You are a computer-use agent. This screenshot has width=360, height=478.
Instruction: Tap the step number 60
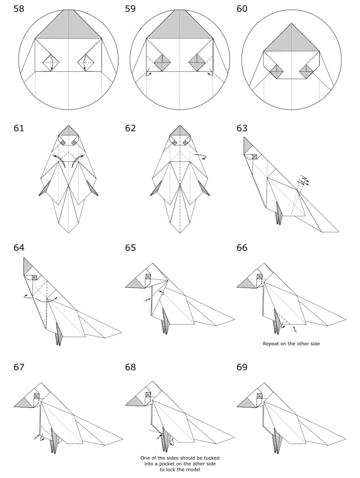242,9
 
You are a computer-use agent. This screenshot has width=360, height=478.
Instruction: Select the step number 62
130,128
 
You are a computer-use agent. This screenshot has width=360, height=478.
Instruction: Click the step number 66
242,247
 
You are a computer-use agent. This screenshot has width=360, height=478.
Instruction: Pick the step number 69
242,367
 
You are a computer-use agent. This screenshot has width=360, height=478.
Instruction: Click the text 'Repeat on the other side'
291,344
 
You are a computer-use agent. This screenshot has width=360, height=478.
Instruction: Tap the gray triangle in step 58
69,26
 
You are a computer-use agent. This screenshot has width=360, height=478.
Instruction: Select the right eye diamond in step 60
306,70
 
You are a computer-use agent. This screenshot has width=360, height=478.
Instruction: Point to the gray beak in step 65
136,281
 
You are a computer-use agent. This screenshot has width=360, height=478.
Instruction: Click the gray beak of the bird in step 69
248,401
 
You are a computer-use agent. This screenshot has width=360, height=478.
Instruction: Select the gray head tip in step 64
28,267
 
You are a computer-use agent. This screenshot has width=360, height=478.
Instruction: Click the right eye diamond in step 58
87,62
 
